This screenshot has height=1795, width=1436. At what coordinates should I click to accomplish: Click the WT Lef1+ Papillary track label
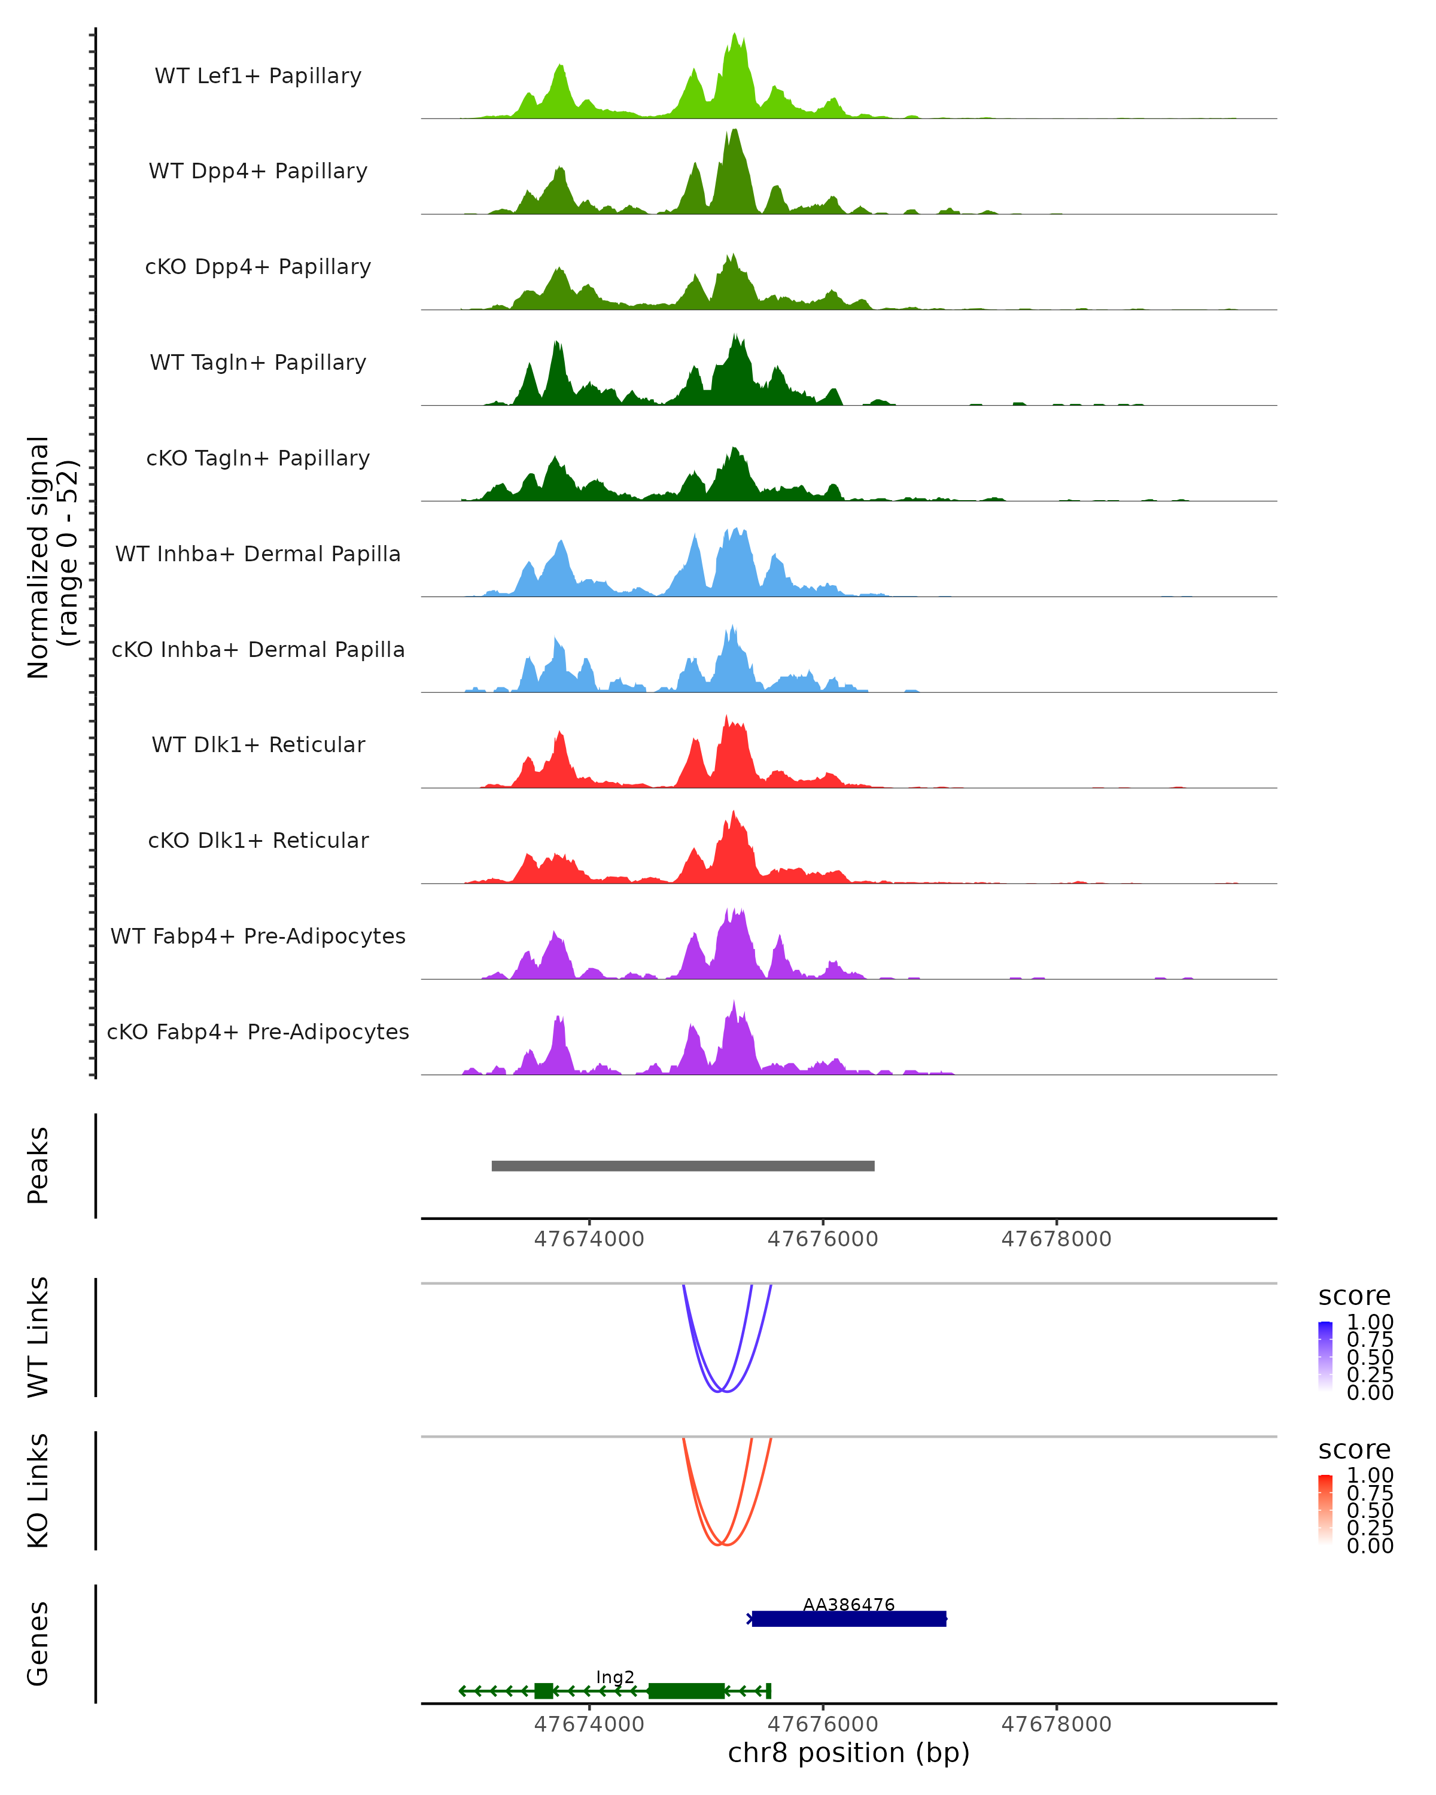(x=258, y=76)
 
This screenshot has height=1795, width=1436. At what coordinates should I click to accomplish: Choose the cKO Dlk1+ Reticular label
(x=258, y=840)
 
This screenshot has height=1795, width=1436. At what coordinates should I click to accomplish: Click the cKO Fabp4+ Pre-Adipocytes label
(x=258, y=1032)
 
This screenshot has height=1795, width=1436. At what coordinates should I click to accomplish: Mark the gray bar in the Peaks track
(x=683, y=1166)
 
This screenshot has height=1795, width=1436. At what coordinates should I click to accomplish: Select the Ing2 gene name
(x=615, y=1677)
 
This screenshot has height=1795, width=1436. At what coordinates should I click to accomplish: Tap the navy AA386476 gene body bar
(x=849, y=1618)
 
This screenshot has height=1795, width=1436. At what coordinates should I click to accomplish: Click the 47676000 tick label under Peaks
(x=823, y=1239)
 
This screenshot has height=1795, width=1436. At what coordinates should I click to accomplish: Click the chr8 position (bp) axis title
(x=848, y=1753)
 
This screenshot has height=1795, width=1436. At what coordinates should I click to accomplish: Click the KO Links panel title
(x=38, y=1490)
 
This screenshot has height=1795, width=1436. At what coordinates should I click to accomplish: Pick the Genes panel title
(x=38, y=1644)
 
